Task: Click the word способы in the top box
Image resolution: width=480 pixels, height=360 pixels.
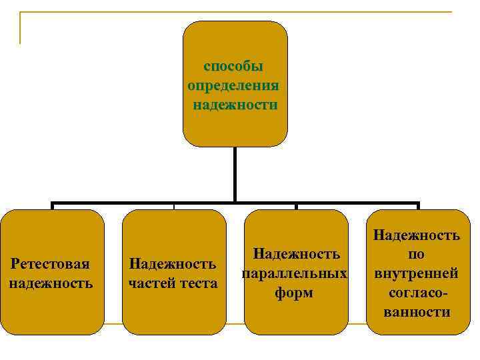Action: [x=233, y=67]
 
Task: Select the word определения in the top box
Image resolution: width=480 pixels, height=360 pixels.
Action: [x=233, y=86]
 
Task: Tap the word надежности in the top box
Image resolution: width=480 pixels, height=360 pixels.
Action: [x=235, y=105]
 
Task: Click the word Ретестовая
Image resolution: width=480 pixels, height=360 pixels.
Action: [x=51, y=265]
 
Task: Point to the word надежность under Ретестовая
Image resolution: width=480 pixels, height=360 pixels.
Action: [x=51, y=283]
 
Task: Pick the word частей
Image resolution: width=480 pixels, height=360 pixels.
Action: [x=151, y=283]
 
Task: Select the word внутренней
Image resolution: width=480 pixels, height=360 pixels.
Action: [x=416, y=273]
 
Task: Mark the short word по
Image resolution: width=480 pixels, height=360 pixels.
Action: [x=416, y=254]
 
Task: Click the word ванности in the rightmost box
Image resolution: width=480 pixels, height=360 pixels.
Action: [x=417, y=312]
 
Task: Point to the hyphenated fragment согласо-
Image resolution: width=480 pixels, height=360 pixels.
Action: [x=417, y=293]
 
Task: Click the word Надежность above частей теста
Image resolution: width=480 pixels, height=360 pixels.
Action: [x=173, y=265]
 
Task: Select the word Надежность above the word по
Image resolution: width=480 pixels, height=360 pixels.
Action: [x=417, y=235]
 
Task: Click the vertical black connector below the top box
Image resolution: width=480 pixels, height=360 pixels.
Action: [x=235, y=173]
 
